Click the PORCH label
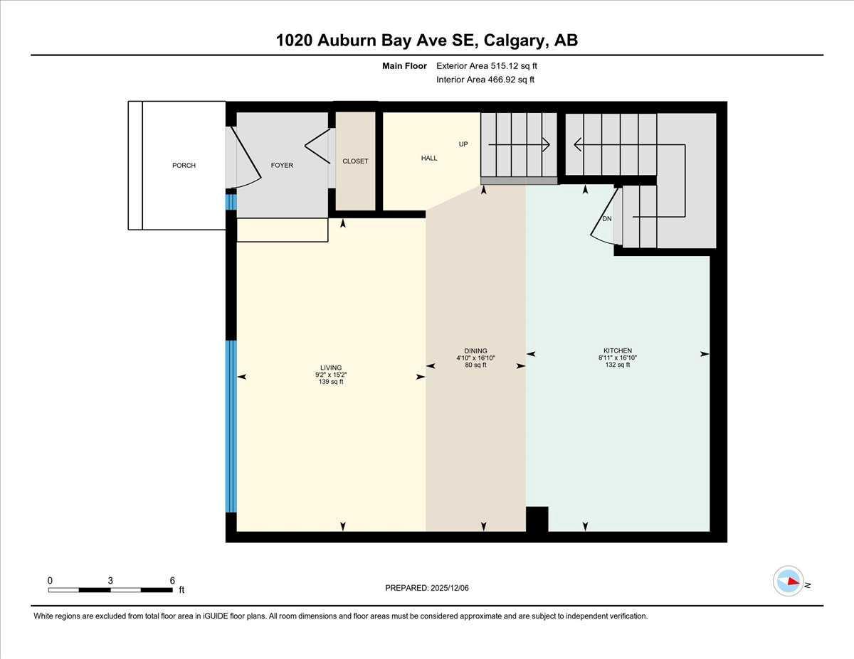tap(184, 166)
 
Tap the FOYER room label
tap(282, 166)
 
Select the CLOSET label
tap(355, 161)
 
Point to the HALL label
tap(429, 159)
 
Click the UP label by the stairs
tap(463, 144)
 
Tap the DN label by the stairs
tap(607, 219)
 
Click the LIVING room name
tap(331, 368)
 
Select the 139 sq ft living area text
tap(331, 382)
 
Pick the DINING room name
tap(475, 350)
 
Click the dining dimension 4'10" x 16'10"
tap(475, 358)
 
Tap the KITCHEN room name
tap(618, 350)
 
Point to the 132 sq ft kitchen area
tap(618, 365)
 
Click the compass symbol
tap(789, 581)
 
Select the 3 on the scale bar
tap(110, 580)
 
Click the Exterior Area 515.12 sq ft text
tap(487, 66)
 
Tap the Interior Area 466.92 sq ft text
tap(485, 80)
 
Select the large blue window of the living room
tap(231, 427)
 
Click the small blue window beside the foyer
tap(231, 203)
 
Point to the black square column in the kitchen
tap(537, 519)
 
